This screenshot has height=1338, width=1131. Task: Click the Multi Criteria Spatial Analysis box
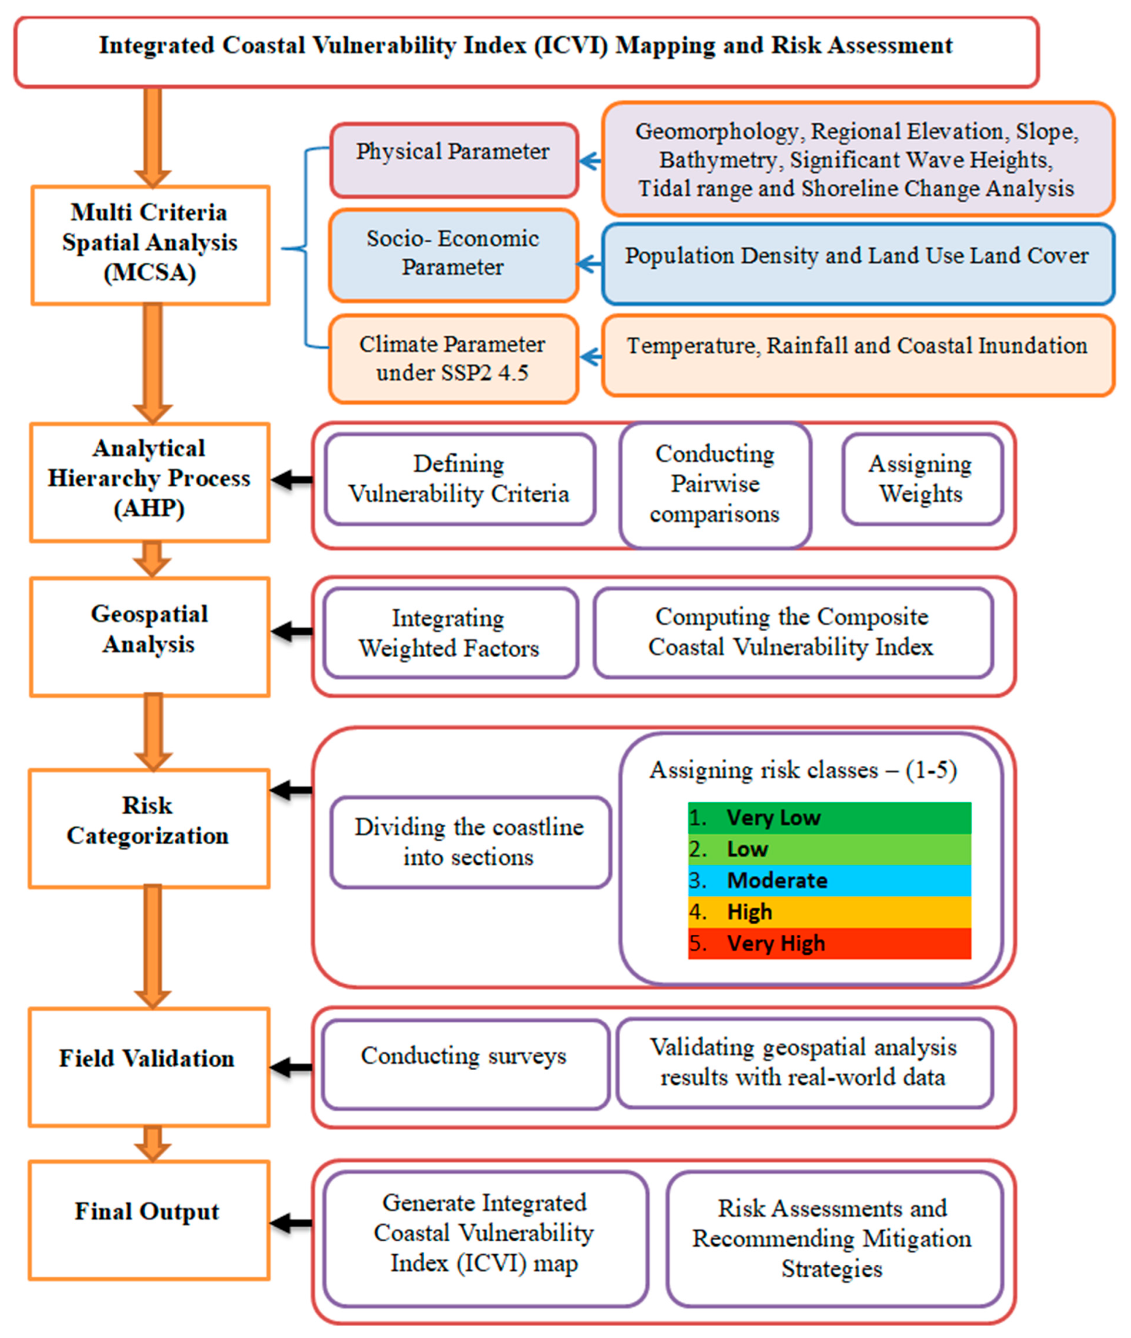coord(150,245)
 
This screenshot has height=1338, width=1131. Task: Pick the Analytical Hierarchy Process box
coord(150,482)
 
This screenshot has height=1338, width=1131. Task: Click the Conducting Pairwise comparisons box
coord(715,484)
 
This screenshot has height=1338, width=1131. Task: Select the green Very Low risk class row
coord(829,818)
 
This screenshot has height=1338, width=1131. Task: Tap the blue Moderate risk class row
coord(829,881)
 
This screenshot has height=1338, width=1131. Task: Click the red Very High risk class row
coord(829,943)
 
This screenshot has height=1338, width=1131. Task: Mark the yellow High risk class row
coord(829,912)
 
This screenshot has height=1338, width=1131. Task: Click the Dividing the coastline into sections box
coord(470,842)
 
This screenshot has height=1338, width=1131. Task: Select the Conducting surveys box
coord(465,1056)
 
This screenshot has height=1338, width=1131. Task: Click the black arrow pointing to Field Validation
coord(292,1068)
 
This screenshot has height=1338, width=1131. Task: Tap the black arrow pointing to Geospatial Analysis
coord(292,631)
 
